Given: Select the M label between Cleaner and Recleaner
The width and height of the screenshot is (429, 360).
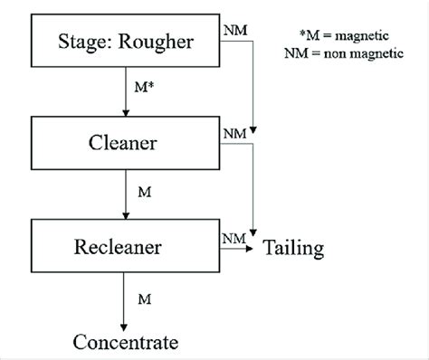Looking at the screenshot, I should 142,193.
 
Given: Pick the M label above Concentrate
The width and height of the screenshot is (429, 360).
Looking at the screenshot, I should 142,298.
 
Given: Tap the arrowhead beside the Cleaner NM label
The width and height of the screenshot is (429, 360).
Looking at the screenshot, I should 257,136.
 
